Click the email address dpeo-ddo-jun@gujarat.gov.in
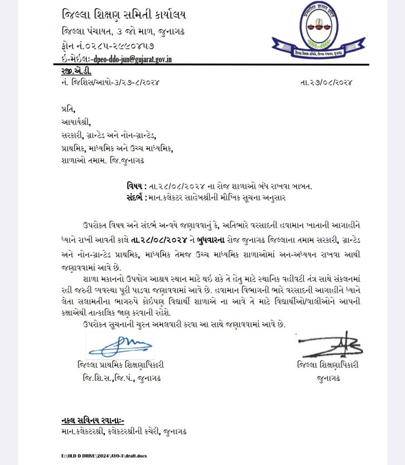coord(132,59)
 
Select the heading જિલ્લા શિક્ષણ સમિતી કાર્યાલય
coord(123,15)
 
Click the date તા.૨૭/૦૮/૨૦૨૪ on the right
coord(326,83)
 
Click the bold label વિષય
coord(135,186)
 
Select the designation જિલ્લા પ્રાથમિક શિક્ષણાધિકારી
coord(120,365)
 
